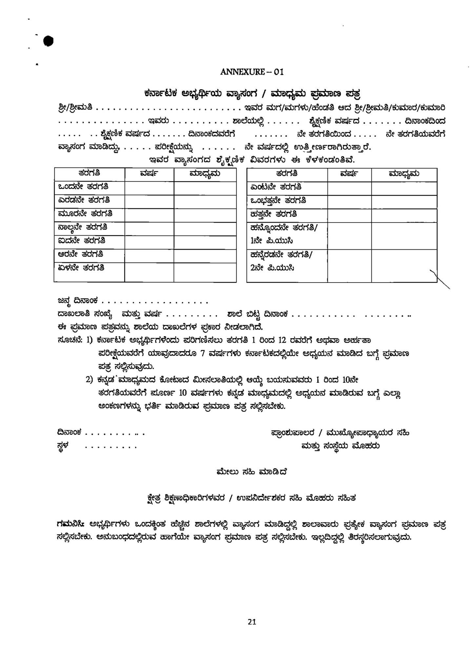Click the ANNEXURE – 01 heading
[252, 72]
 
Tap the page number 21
[252, 622]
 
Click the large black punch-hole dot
[49, 41]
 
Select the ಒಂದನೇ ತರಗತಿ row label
[83, 187]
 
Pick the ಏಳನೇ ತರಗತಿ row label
[81, 268]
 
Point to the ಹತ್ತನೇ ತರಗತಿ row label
[274, 214]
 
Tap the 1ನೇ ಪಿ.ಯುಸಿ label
[271, 241]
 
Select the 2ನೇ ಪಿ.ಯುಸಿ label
[272, 268]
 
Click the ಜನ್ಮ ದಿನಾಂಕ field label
[78, 301]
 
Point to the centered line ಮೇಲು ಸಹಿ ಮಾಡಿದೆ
[252, 472]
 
